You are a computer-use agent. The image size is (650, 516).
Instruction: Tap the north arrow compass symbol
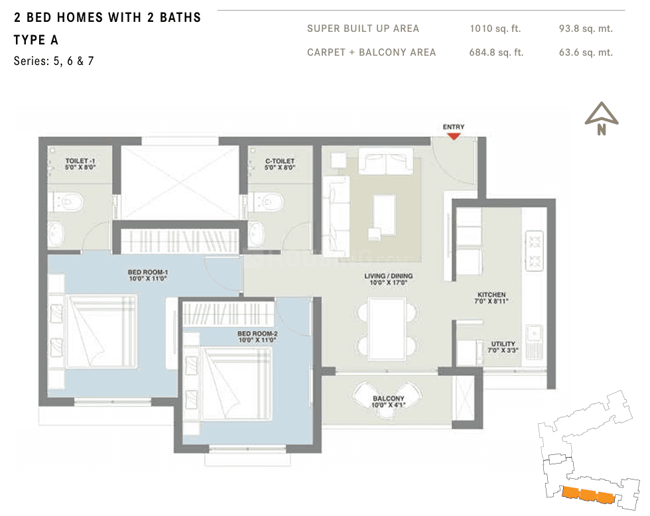coord(602,118)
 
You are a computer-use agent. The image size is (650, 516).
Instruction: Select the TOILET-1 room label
coord(80,164)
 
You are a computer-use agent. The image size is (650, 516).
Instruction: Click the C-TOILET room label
coord(280,164)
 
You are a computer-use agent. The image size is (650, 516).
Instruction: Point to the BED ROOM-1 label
coord(147,275)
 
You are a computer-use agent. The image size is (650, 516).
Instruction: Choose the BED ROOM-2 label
coord(257,336)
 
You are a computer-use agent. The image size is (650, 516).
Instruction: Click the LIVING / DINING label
coord(389,279)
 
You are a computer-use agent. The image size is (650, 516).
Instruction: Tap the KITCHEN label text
coord(491,298)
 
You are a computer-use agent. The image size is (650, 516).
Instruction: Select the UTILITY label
coord(503,347)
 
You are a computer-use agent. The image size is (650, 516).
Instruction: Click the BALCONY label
coord(388,402)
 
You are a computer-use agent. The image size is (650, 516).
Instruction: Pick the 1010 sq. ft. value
coord(495,29)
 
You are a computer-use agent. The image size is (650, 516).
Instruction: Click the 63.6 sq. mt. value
coord(586,52)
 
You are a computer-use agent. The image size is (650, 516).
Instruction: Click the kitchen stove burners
coord(535,251)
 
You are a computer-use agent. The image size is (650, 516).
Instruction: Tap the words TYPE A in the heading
coord(36,40)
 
